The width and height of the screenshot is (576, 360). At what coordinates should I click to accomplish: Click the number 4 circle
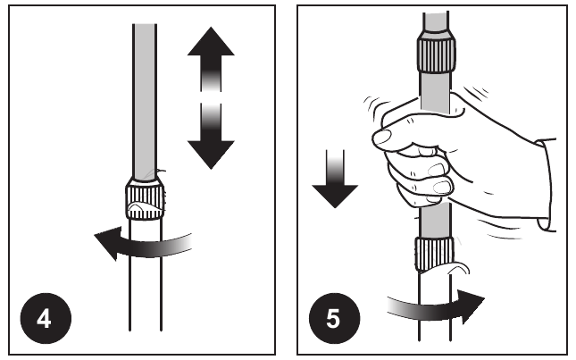tap(46, 318)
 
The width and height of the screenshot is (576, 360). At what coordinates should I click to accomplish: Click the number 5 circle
tap(334, 318)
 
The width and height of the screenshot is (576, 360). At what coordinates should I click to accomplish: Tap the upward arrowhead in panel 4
tap(211, 41)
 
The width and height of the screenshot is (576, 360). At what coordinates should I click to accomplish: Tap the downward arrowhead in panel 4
tap(211, 155)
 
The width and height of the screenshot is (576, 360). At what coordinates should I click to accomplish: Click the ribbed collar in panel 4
tap(145, 199)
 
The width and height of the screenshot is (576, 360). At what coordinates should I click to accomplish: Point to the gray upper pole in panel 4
tap(145, 102)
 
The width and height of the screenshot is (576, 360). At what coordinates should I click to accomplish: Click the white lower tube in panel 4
tap(146, 275)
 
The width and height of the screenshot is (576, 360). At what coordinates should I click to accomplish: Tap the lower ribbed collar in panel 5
tap(435, 255)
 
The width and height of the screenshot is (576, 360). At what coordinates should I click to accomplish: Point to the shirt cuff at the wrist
tap(547, 185)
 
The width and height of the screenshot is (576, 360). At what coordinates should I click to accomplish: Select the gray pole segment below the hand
tap(435, 222)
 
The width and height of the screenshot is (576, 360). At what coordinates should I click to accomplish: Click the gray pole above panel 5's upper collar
tap(436, 22)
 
